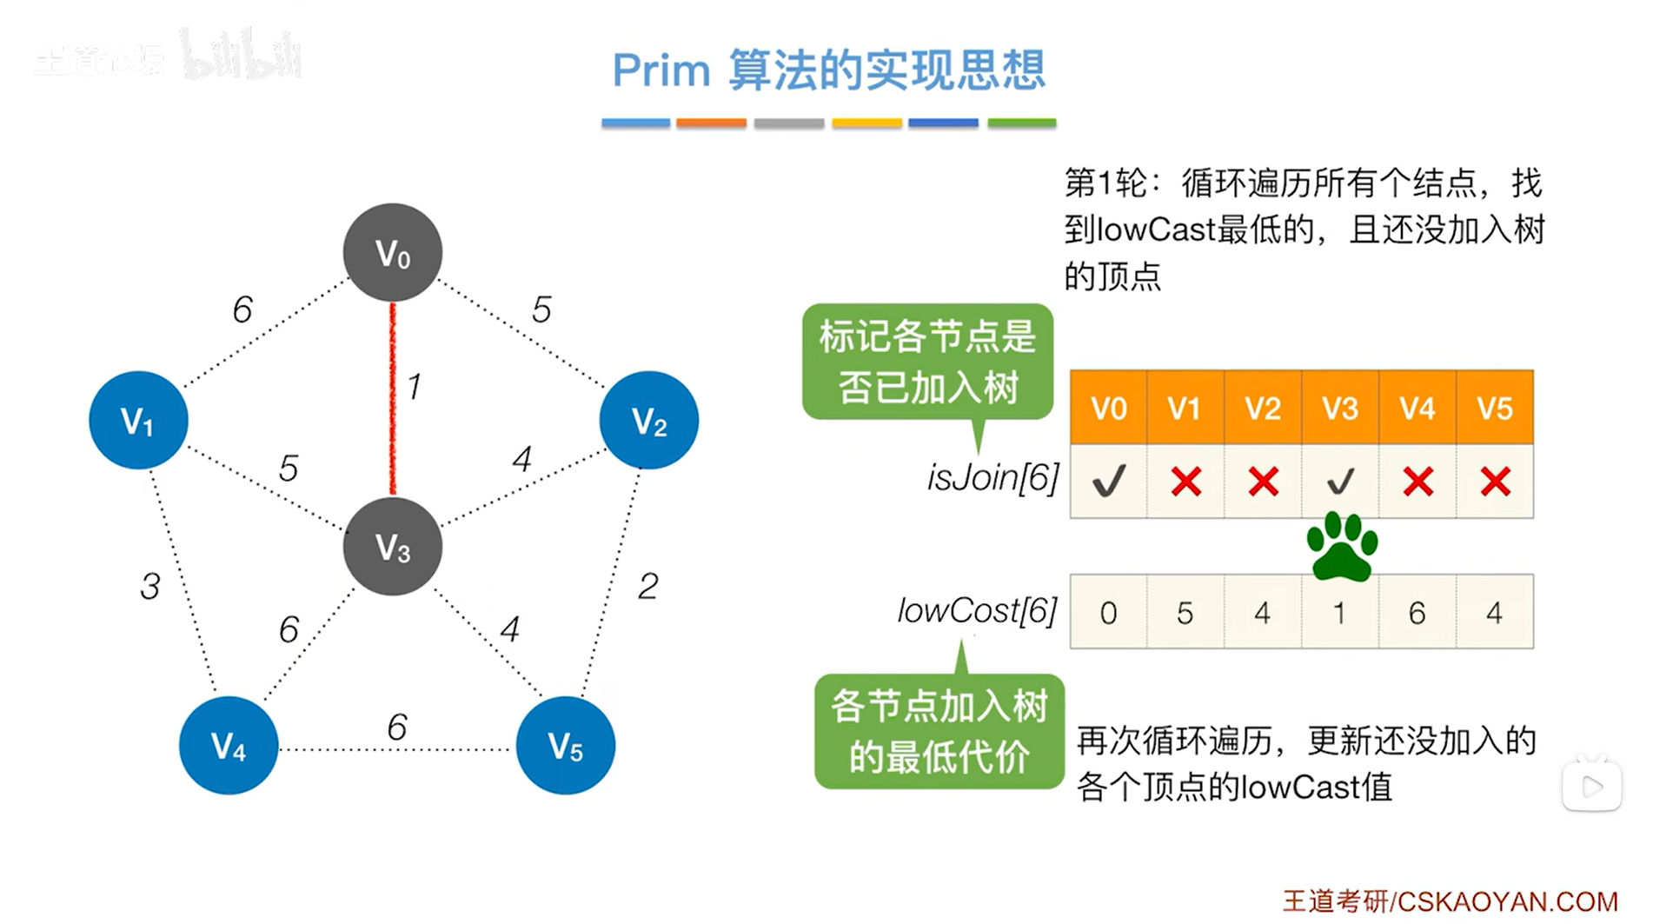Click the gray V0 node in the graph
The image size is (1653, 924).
tap(392, 253)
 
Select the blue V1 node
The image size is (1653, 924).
tap(138, 421)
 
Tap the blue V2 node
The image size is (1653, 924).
tap(648, 421)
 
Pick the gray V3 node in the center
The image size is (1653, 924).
tap(392, 547)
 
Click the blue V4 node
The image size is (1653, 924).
tap(229, 745)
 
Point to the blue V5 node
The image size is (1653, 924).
tap(565, 745)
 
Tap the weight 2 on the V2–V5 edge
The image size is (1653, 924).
tap(647, 587)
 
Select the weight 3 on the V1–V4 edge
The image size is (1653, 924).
tap(150, 587)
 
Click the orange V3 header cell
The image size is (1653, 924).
tap(1340, 408)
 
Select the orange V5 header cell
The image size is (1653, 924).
tap(1495, 408)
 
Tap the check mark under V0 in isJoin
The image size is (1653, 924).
tap(1109, 481)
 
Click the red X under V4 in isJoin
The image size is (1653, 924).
tap(1417, 481)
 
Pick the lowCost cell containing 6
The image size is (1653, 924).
tap(1417, 613)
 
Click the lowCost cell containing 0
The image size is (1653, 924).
tap(1108, 613)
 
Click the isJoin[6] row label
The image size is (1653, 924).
tap(992, 477)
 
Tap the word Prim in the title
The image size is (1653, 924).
tap(661, 70)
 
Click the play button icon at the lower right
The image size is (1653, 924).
tap(1592, 787)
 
